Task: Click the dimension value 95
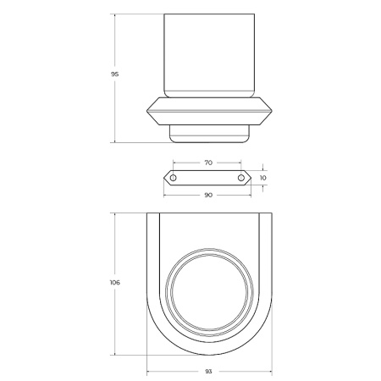coord(114,75)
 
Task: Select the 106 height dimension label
coord(114,283)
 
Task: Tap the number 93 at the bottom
coord(208,372)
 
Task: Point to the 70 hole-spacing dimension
coord(208,163)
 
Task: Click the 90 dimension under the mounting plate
coord(208,195)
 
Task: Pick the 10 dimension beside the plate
coord(262,178)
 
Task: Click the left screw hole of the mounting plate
coord(174,178)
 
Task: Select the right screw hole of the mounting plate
coord(241,178)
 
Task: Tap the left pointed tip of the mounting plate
coord(163,178)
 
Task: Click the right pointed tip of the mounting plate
coord(251,178)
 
